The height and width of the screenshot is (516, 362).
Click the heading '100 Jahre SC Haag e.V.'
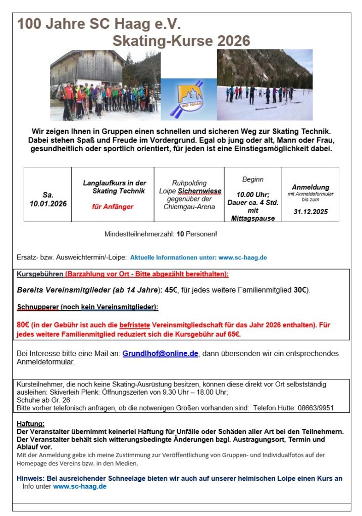click(99, 24)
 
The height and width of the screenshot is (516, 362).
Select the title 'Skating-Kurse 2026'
click(181, 41)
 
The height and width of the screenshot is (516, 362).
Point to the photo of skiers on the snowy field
click(265, 85)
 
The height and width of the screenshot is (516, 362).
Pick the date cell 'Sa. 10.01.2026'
click(47, 199)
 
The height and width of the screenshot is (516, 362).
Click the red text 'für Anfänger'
click(113, 207)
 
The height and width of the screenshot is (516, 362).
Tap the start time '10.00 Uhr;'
click(253, 194)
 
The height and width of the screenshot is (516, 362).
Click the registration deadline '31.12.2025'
click(310, 212)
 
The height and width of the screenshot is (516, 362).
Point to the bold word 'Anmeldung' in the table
click(311, 187)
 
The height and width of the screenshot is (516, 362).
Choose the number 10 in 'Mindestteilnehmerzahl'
click(180, 234)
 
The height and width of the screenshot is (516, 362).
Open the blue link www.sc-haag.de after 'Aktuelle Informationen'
click(242, 257)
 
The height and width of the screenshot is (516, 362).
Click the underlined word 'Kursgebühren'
click(40, 274)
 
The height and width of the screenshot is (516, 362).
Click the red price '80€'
click(23, 325)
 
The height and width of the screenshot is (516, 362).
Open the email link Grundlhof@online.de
click(160, 354)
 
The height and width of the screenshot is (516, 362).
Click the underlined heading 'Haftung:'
click(31, 424)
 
